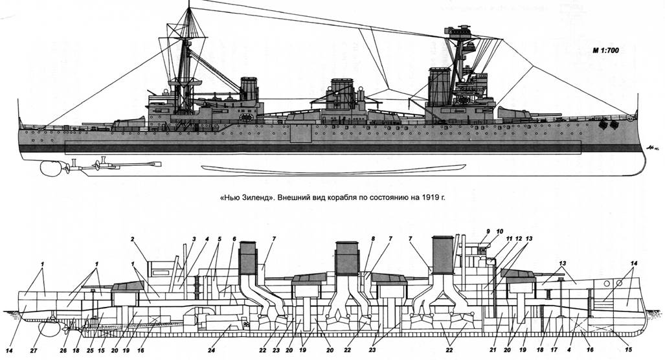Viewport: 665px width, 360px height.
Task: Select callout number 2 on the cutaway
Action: click(x=132, y=240)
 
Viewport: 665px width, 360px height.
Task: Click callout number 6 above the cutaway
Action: click(x=233, y=240)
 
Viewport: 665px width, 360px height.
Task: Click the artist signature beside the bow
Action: click(x=651, y=148)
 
